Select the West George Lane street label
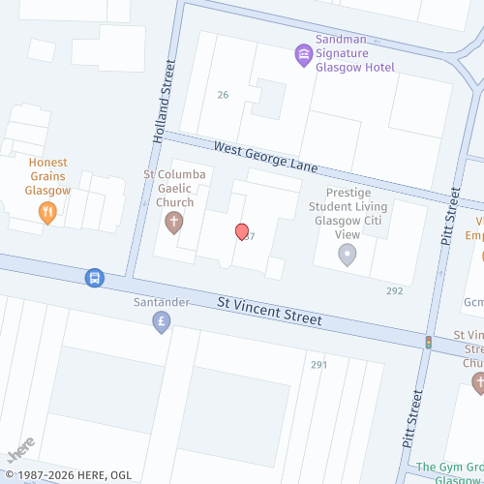266,159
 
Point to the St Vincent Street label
270,312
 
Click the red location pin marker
242,231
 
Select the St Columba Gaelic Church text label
168,189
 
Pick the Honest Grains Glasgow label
47,176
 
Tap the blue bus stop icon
94,278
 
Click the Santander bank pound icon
162,323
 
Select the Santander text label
161,302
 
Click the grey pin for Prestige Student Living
347,255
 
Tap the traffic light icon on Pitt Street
428,341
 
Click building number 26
223,95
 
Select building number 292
394,290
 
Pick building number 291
319,364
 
